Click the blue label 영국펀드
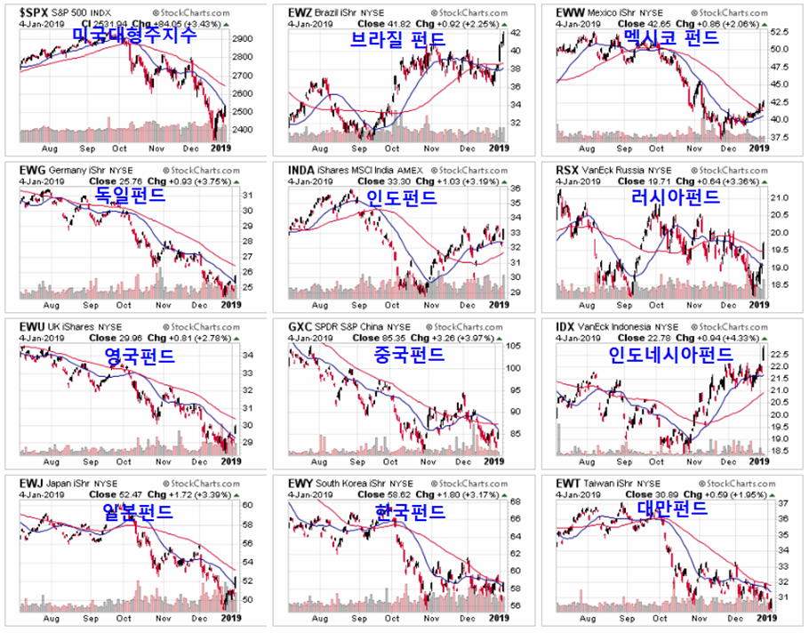[x=138, y=357]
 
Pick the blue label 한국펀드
[x=409, y=513]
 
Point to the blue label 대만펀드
[x=671, y=508]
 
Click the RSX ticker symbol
[x=568, y=169]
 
